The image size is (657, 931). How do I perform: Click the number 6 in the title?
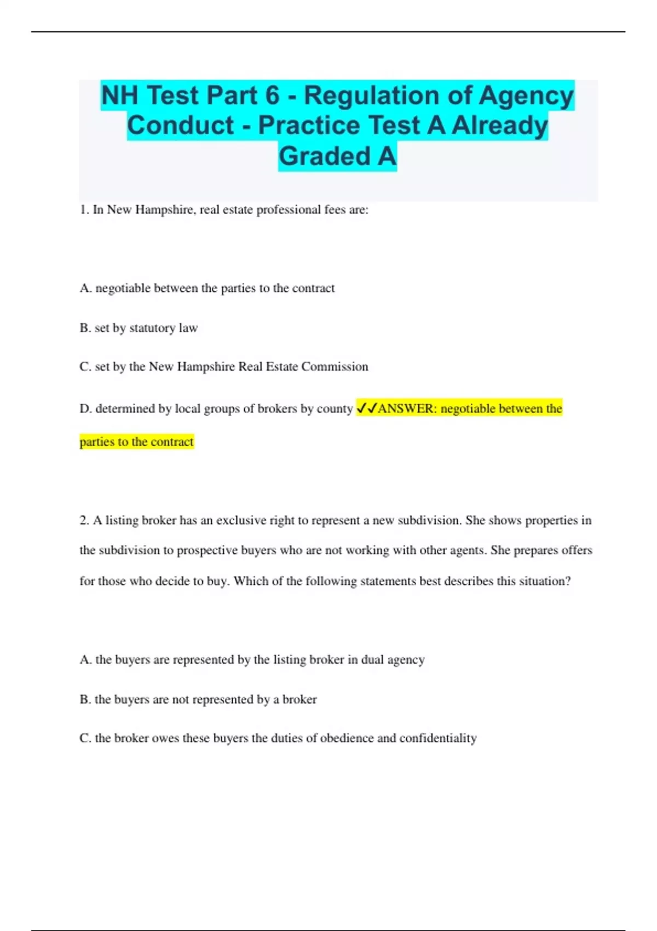(x=272, y=95)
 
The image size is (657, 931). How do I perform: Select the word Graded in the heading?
(x=325, y=156)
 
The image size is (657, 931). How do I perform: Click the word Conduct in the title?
(x=180, y=125)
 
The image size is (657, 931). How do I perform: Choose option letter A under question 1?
(x=85, y=289)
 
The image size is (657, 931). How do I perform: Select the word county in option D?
(x=335, y=409)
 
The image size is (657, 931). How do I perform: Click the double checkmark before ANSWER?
(x=366, y=409)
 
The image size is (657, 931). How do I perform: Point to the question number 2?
(x=84, y=520)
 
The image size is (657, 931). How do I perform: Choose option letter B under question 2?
(x=85, y=699)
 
